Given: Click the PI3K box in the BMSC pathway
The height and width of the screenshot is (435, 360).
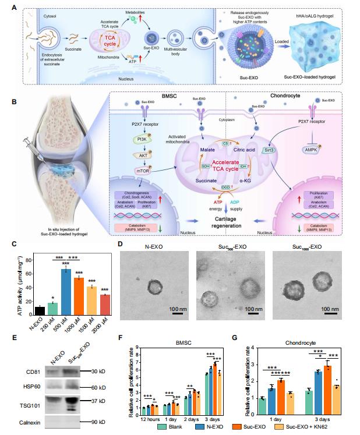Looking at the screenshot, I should point(140,139).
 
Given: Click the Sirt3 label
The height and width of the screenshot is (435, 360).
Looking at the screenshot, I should point(269,150).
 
